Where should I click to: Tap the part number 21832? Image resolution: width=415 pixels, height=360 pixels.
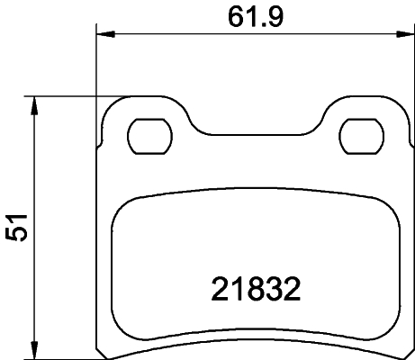coord(255,290)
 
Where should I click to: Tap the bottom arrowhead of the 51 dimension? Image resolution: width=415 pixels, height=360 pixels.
coord(35,351)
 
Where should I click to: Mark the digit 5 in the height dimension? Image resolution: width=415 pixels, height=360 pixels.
coord(15,237)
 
